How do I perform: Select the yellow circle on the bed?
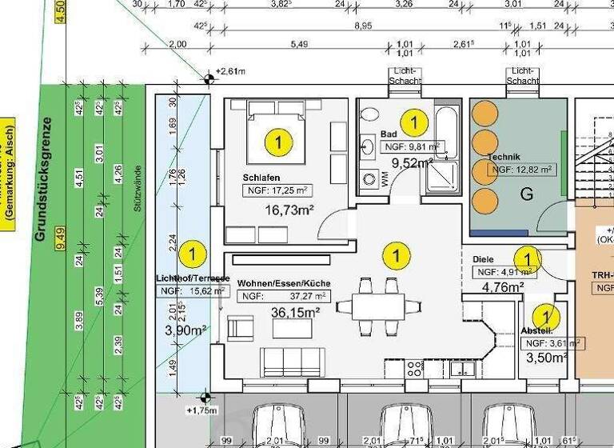pyautogui.click(x=278, y=143)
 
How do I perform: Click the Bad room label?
pyautogui.click(x=389, y=134)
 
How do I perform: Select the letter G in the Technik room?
pyautogui.click(x=526, y=194)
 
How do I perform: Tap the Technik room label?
pyautogui.click(x=505, y=157)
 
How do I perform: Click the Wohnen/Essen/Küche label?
pyautogui.click(x=283, y=284)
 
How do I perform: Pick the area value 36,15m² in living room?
pyautogui.click(x=292, y=313)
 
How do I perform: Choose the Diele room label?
pyautogui.click(x=483, y=259)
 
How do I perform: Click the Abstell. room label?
pyautogui.click(x=536, y=330)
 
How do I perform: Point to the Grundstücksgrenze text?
pyautogui.click(x=42, y=179)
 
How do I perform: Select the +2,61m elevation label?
pyautogui.click(x=230, y=72)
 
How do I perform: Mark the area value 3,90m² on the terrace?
pyautogui.click(x=185, y=330)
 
